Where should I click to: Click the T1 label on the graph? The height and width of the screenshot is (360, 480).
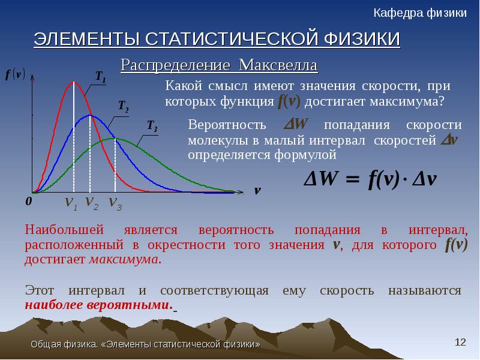(101, 77)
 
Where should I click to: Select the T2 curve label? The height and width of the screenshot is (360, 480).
(124, 106)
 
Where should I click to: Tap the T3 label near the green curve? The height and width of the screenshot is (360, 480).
(152, 125)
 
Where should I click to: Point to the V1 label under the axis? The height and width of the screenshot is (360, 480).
(71, 203)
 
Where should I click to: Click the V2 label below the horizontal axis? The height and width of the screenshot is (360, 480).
(92, 203)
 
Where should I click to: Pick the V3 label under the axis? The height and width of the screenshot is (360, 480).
(115, 203)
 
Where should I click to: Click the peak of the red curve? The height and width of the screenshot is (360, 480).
(74, 82)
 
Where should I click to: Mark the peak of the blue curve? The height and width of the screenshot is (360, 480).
(89, 115)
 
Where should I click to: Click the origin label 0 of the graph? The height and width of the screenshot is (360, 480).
(28, 202)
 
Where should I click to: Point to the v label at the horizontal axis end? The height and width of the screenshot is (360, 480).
(257, 190)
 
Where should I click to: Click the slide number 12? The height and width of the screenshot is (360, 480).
(460, 342)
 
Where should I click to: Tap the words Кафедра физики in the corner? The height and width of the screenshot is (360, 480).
(420, 13)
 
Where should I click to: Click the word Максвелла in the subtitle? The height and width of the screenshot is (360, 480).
(278, 65)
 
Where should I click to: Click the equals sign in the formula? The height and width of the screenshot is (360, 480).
(353, 179)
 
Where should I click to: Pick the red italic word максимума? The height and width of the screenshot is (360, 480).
(125, 260)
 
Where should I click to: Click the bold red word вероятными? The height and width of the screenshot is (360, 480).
(130, 305)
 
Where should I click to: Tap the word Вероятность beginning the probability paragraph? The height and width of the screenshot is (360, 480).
(227, 125)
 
